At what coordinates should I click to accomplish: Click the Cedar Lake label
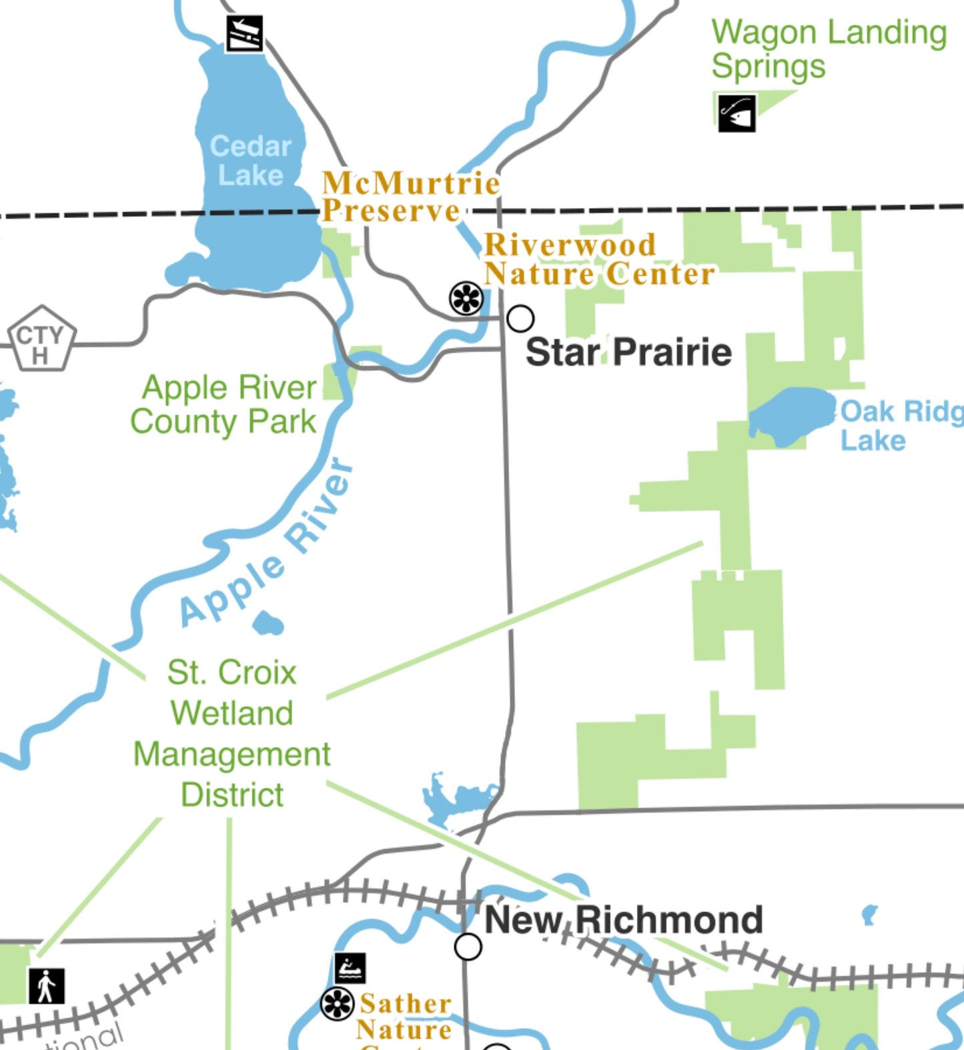coord(251,161)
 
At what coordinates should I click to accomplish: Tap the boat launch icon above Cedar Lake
coord(244,33)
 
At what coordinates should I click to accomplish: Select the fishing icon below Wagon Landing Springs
coord(737,113)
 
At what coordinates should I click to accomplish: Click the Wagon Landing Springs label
coord(828,49)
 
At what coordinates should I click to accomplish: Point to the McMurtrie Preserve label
coord(410,197)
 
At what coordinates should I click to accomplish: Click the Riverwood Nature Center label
coord(598,259)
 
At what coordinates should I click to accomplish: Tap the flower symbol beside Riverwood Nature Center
coord(466,298)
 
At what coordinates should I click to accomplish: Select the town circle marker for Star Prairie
coord(520,318)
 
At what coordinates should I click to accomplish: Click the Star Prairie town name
coord(628,352)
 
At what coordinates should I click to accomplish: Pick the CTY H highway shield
coord(41,340)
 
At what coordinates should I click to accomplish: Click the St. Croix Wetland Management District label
coord(232,733)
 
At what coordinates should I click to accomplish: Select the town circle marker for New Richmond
coord(468,946)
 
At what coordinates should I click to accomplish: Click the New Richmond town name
coord(624,920)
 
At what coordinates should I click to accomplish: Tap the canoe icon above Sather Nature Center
coord(350,968)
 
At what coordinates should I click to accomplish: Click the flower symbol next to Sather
coord(337,1004)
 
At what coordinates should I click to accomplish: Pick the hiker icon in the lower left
coord(46,986)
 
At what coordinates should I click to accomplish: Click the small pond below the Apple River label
coord(268,624)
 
